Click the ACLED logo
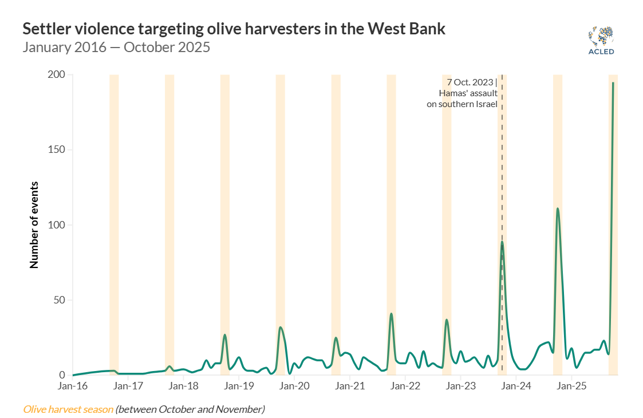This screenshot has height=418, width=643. click(601, 41)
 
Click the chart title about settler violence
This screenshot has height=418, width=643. click(234, 29)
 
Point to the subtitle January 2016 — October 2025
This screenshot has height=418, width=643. click(116, 47)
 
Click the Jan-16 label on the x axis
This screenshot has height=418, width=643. click(73, 386)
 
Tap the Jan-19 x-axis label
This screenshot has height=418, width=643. click(239, 386)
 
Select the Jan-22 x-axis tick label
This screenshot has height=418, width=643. click(405, 386)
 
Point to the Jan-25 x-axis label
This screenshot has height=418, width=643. click(571, 386)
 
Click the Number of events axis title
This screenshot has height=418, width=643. click(34, 225)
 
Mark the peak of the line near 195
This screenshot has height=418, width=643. click(613, 83)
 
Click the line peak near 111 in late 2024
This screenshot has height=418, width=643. click(557, 208)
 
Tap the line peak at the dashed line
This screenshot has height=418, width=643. click(502, 242)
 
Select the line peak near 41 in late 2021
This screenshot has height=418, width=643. click(391, 314)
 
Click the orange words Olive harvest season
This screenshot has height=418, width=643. click(68, 409)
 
